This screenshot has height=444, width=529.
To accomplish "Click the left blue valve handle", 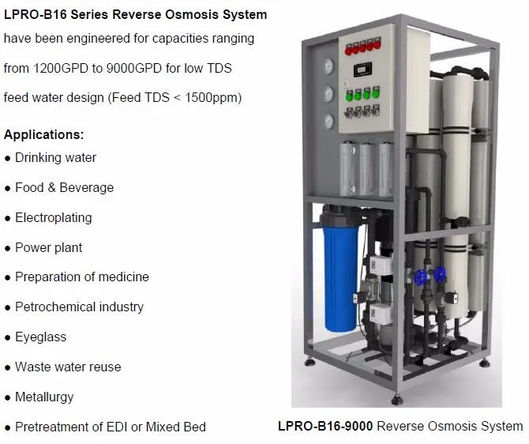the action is (x=421, y=277).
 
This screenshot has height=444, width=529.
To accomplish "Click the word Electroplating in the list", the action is (x=54, y=217).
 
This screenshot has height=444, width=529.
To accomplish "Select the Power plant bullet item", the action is (x=48, y=247).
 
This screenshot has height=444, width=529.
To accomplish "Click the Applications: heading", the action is (x=43, y=134).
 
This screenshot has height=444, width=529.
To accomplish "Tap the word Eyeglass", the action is (x=40, y=337).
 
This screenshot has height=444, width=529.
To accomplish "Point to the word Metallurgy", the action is (x=44, y=397).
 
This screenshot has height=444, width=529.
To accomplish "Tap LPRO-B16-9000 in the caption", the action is (x=325, y=427).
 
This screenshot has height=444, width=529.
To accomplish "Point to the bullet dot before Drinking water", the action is (x=7, y=158).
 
